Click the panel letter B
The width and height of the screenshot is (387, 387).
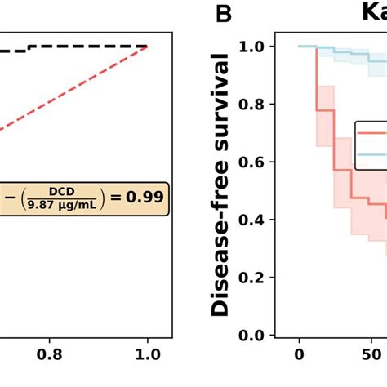(x=224, y=14)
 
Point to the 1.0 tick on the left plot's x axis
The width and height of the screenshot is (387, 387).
(x=148, y=355)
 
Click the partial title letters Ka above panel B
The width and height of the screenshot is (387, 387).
(x=374, y=12)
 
